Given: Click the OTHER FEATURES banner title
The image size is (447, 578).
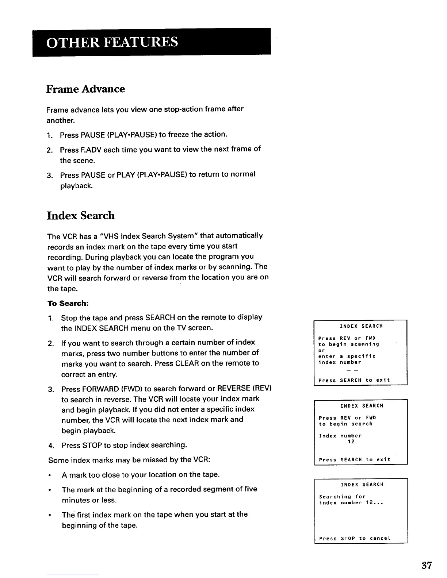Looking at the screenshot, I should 112,42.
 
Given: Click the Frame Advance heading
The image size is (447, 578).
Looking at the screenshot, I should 85,89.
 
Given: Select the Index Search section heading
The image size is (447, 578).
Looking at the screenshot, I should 81,216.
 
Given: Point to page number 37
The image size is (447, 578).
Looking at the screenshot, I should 427,566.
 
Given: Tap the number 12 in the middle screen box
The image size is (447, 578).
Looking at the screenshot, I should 351,442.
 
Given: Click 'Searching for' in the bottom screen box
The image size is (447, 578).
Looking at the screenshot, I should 342,497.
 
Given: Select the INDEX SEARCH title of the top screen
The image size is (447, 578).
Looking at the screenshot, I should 361,326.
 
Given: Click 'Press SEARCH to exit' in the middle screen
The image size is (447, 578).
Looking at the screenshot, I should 355,460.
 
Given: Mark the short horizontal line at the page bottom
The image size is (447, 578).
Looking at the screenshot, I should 72,575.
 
